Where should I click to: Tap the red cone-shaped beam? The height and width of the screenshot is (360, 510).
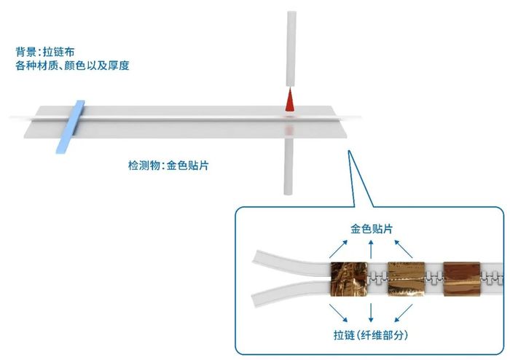click(289, 101)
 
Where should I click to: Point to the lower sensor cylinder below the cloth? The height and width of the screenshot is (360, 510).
click(289, 166)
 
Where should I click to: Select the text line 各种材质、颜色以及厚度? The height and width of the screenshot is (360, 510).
click(72, 66)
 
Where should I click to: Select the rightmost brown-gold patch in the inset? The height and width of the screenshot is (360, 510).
click(464, 280)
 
